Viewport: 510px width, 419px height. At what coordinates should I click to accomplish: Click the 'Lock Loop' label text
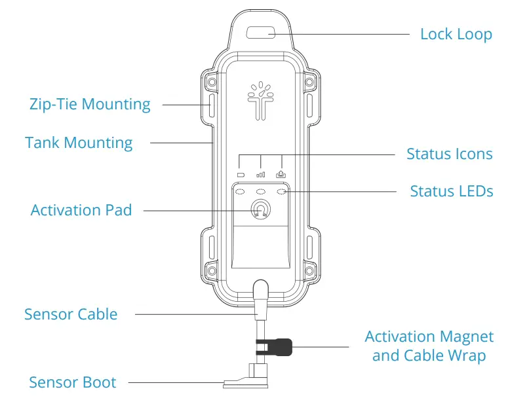tap(456, 34)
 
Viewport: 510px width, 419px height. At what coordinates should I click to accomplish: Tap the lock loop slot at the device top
tap(260, 32)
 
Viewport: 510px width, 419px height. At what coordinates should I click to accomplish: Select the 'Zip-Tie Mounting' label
tap(90, 104)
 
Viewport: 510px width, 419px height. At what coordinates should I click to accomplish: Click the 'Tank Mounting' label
tap(79, 143)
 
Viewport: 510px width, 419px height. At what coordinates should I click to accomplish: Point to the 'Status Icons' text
tap(449, 155)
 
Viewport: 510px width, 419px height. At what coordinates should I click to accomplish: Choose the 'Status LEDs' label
tap(451, 192)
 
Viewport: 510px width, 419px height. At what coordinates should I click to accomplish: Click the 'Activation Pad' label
tap(81, 210)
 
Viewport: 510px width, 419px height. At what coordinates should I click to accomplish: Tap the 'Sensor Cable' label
tap(71, 314)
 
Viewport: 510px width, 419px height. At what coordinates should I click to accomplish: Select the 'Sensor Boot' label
tap(72, 382)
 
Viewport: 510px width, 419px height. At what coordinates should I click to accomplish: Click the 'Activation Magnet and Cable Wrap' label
tap(429, 346)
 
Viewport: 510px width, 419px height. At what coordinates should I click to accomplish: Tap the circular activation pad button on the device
tap(260, 209)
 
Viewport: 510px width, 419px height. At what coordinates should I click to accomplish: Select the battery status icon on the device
tap(240, 175)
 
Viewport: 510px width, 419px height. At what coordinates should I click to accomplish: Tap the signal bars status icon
tap(261, 175)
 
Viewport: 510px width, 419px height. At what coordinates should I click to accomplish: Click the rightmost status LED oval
tap(282, 192)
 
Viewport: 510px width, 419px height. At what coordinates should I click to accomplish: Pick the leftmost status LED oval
tap(240, 192)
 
